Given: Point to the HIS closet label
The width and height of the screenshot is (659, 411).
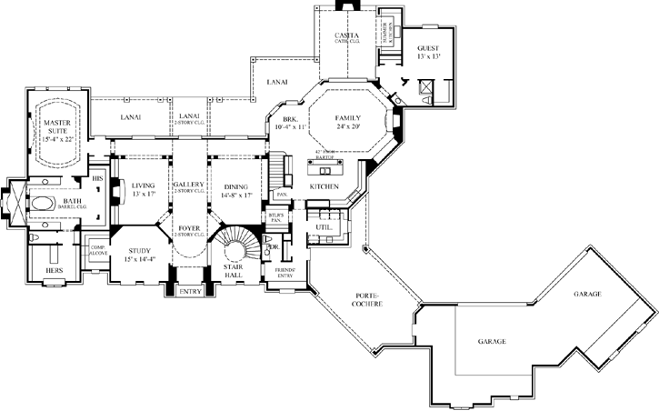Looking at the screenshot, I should pyautogui.click(x=96, y=178).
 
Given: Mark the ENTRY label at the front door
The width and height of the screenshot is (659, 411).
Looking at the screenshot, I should pyautogui.click(x=190, y=291).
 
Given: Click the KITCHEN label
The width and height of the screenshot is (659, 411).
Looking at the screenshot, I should pyautogui.click(x=324, y=186).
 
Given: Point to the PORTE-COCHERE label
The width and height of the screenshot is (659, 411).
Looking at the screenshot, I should pyautogui.click(x=368, y=299).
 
